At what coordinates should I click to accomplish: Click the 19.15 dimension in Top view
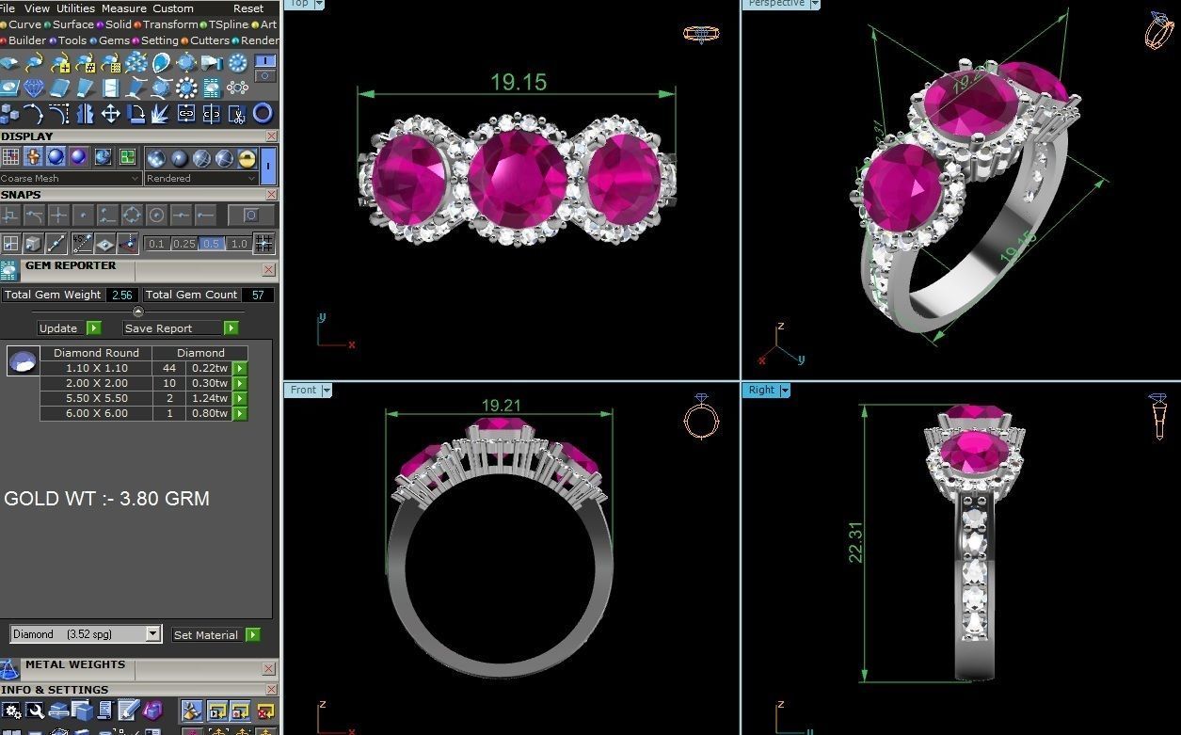pos(518,82)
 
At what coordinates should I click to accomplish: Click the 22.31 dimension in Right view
pos(855,542)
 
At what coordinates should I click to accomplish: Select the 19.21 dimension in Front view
pos(501,406)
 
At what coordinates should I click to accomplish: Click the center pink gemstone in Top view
pos(517,177)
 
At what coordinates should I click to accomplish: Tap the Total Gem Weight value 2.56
pos(120,295)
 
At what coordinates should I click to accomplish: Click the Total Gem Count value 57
pos(258,295)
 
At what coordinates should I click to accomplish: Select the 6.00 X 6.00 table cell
pos(96,413)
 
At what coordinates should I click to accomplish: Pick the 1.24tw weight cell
pos(207,398)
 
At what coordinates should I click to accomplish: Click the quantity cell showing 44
pos(169,368)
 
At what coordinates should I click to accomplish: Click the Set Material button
pos(206,635)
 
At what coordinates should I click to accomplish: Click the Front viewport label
pos(304,390)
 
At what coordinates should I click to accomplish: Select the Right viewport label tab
pos(762,390)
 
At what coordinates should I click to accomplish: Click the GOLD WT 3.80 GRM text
pos(106,499)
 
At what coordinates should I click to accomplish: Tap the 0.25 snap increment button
pos(184,244)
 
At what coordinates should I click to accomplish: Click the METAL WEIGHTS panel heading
pos(75,664)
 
